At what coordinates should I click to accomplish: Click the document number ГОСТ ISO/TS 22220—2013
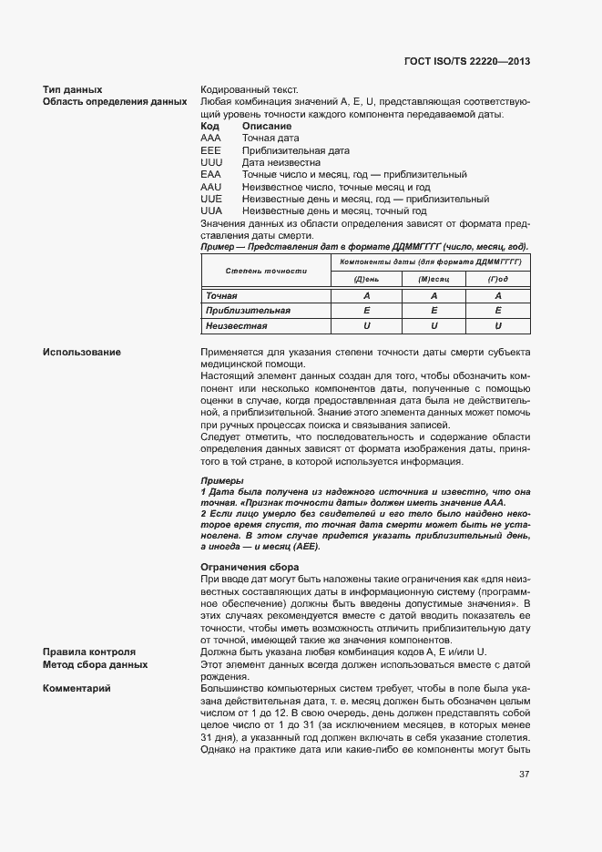467,61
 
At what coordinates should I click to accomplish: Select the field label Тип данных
72,90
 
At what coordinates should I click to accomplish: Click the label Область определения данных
115,102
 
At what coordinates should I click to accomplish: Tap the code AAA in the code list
210,138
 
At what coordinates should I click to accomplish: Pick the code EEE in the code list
210,150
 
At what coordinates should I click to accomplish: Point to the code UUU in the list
211,162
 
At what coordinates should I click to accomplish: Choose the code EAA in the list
210,174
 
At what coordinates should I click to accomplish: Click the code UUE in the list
211,199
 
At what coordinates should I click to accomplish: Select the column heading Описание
267,126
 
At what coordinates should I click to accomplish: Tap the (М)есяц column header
434,279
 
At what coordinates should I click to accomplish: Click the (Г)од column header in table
498,279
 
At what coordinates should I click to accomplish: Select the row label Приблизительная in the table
241,311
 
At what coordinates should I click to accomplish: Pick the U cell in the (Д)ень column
366,325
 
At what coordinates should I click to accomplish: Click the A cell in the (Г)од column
498,296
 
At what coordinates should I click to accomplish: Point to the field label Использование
82,353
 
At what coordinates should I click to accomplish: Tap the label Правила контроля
89,652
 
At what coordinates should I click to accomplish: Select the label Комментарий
77,688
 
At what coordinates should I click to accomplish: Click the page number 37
525,775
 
